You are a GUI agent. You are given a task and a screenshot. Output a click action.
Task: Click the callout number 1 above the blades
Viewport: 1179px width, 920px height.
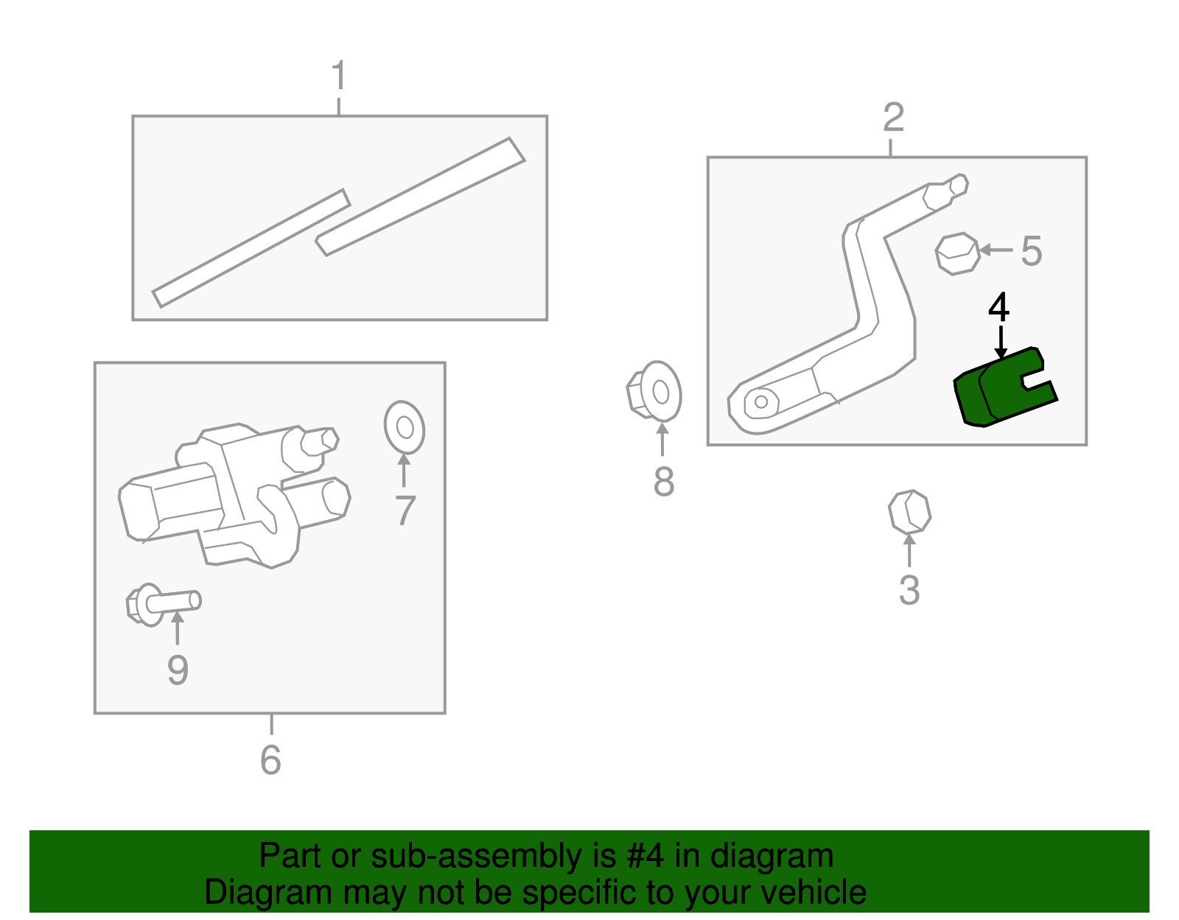click(x=338, y=77)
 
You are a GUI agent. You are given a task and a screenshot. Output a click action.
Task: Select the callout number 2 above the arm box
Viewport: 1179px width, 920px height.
click(x=893, y=118)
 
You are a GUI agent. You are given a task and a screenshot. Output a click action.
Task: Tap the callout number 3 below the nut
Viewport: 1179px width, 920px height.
click(x=909, y=591)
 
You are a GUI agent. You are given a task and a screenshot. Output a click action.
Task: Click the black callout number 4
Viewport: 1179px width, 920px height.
click(x=999, y=308)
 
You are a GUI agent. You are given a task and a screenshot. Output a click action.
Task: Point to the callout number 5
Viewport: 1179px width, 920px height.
click(x=1031, y=252)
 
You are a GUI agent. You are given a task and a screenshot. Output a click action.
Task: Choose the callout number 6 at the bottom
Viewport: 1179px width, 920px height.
click(x=270, y=760)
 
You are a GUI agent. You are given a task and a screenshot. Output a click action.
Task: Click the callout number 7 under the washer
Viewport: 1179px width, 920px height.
click(x=405, y=511)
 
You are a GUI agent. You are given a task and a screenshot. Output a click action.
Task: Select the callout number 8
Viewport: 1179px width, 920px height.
click(x=663, y=482)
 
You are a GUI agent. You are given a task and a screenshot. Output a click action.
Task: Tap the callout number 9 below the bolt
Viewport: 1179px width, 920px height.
click(x=178, y=670)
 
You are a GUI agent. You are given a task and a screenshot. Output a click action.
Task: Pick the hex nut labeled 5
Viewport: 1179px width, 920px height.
click(x=957, y=254)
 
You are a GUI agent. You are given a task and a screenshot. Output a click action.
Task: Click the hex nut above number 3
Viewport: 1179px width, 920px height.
click(x=909, y=511)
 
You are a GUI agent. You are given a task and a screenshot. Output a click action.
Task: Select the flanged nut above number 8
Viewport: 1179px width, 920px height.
click(x=654, y=391)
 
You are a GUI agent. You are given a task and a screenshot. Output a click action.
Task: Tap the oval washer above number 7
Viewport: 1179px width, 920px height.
click(x=405, y=427)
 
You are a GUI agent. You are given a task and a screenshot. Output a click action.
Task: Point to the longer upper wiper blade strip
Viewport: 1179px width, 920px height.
click(x=420, y=197)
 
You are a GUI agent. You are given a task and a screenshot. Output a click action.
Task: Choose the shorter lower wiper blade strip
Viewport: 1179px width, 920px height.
click(x=251, y=248)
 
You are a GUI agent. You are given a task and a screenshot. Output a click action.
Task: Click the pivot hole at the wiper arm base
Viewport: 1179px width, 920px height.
click(x=761, y=402)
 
